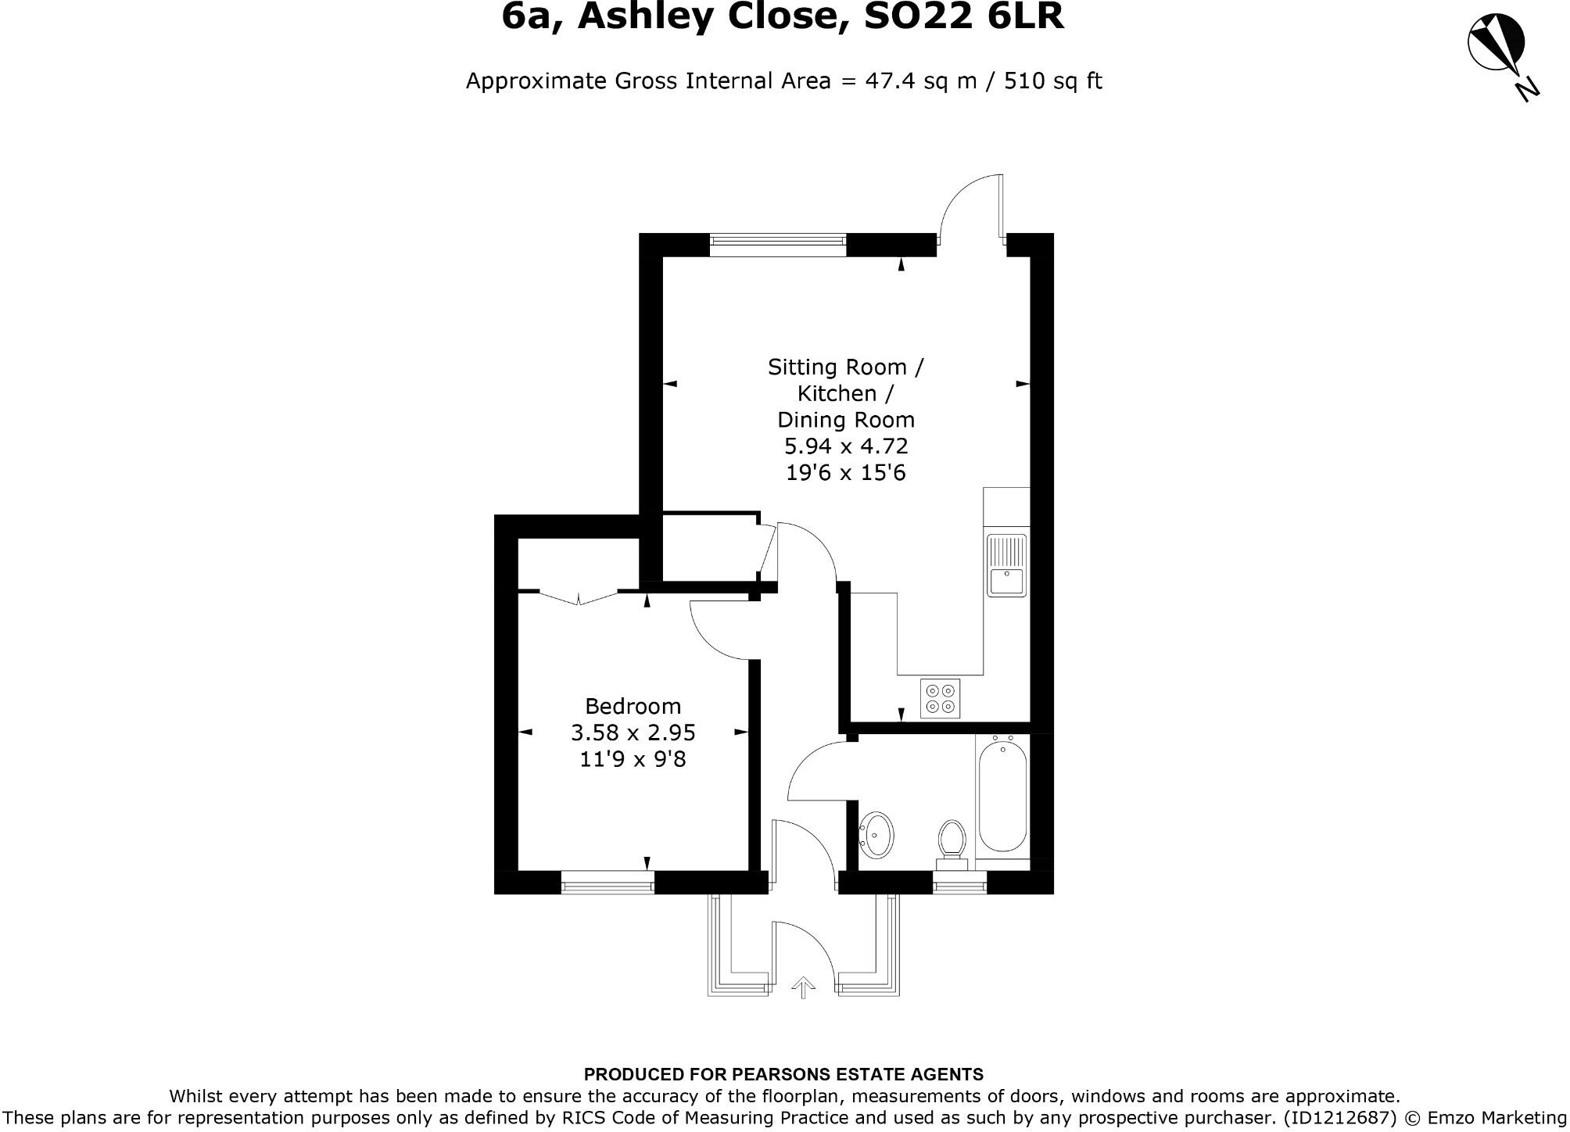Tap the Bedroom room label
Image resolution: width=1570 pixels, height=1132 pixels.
[633, 706]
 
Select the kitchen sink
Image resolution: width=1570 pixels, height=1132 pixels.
[1006, 565]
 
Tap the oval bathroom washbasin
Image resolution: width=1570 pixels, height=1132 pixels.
[876, 836]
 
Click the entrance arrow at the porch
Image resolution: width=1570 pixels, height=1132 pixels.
[801, 987]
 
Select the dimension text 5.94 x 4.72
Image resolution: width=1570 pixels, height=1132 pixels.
[846, 446]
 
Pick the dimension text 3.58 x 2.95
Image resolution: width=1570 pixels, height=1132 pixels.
[633, 733]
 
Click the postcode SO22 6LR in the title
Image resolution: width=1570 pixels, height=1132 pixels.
[963, 17]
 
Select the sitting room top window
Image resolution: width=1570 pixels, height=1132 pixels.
[778, 245]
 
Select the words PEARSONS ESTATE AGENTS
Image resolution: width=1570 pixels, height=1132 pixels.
[857, 1074]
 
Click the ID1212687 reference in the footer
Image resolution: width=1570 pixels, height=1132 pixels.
[1339, 1117]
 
